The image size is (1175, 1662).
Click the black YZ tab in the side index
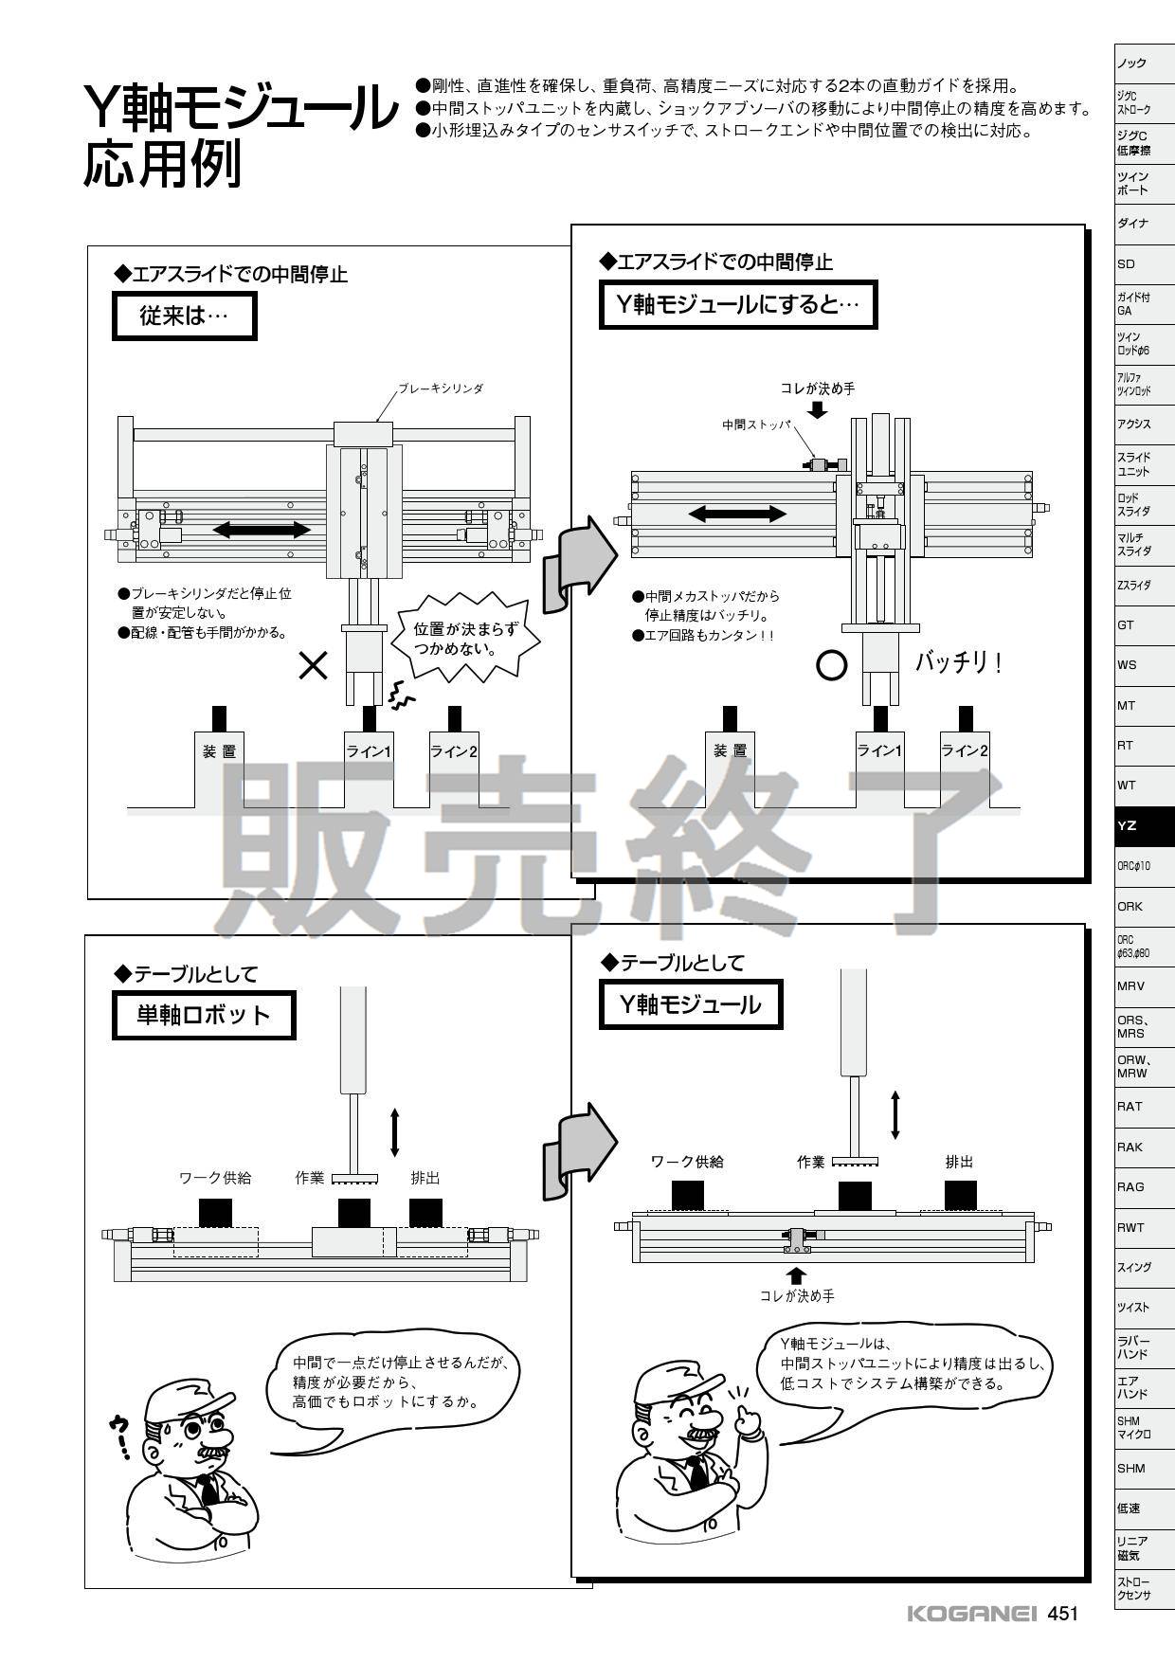[1144, 825]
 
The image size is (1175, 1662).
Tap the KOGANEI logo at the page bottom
[972, 1614]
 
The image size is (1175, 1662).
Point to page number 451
[1063, 1614]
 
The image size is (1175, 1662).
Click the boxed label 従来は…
[184, 316]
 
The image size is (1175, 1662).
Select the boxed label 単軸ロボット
[204, 1015]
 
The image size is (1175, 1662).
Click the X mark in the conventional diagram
[314, 666]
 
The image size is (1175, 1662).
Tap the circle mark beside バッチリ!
[831, 666]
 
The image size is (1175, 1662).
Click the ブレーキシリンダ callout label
[441, 388]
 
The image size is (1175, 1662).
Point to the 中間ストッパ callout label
[755, 425]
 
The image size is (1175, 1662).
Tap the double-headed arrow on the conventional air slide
[261, 529]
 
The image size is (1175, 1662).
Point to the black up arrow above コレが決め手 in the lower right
[797, 1274]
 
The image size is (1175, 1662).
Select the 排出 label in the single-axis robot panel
[425, 1178]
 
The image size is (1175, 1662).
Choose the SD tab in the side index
[1126, 264]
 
